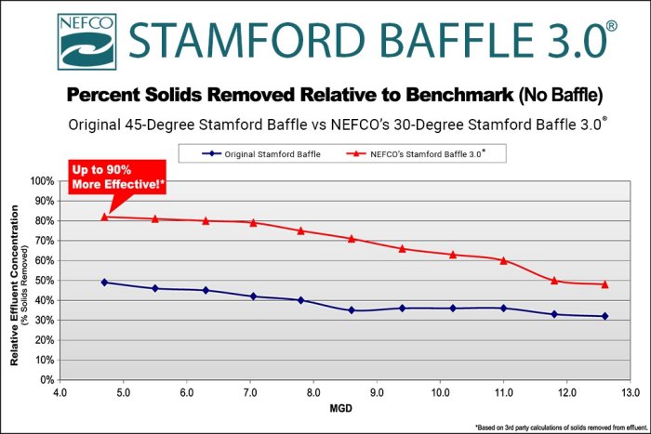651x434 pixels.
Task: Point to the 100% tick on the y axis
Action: (42, 180)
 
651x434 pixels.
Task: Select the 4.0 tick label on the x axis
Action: (60, 392)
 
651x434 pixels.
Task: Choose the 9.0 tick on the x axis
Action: (376, 392)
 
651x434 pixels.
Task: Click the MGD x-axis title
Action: (341, 409)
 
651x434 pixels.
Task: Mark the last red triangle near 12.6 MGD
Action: (604, 284)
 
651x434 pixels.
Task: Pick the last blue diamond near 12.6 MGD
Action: (604, 316)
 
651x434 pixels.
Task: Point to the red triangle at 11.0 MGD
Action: (503, 260)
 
